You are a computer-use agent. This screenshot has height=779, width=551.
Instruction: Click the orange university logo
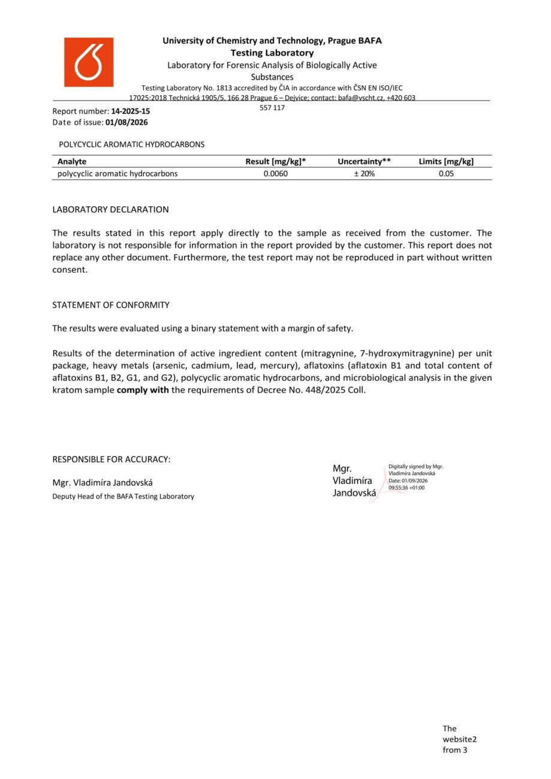89,62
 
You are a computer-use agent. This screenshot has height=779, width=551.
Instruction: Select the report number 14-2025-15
131,111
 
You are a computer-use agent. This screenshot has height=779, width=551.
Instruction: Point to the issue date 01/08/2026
127,122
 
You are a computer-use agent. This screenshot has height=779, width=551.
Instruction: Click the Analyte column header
72,161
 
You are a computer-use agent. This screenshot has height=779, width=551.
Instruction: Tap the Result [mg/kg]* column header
272,161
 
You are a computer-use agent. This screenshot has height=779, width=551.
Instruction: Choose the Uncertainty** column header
364,161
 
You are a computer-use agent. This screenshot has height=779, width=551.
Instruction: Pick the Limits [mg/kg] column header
446,161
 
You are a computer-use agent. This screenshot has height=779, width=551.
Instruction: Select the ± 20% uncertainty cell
364,174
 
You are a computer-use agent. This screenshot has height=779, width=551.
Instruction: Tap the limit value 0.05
446,174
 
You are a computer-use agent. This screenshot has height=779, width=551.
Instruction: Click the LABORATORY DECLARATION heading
110,210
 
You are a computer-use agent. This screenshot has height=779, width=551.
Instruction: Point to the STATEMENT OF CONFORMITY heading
111,305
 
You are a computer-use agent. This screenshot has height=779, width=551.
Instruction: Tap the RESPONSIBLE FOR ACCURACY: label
112,460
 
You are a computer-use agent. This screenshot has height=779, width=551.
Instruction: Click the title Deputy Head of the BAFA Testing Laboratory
123,496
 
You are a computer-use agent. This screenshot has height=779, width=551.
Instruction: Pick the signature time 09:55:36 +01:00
407,488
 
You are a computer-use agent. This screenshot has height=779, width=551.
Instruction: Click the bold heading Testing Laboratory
272,53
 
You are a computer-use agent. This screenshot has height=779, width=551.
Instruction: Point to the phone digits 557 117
272,108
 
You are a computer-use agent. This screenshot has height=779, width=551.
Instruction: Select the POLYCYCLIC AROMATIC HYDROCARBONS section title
131,144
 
